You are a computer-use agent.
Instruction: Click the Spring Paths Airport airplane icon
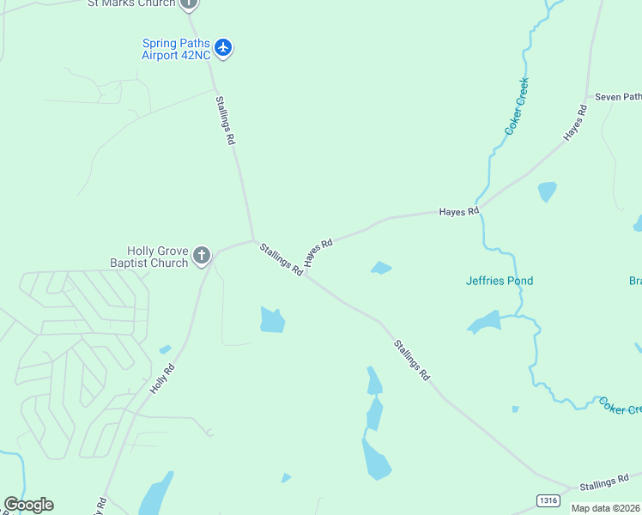tap(223, 46)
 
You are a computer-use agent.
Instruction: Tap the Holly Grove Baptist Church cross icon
tap(202, 254)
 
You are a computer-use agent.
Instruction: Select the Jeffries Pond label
tap(499, 281)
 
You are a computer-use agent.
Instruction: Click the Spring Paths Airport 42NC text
tap(175, 50)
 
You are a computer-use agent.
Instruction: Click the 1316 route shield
tap(548, 500)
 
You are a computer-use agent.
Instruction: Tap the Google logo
tap(28, 505)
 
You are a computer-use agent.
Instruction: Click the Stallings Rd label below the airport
tap(225, 119)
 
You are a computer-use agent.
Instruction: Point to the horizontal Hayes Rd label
tap(458, 210)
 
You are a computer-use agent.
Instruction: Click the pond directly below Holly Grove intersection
tap(272, 319)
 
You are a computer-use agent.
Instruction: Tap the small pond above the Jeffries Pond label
tap(381, 268)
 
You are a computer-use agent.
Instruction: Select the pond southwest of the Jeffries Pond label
tap(484, 323)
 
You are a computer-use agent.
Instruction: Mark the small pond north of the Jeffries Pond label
tap(547, 191)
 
